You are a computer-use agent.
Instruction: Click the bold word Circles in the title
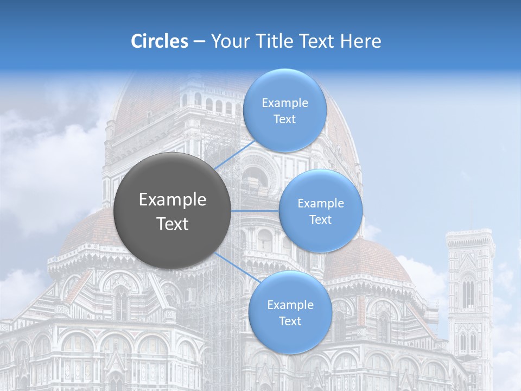[159, 41]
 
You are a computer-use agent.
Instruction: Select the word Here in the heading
[361, 41]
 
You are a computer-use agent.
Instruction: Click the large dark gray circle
[172, 211]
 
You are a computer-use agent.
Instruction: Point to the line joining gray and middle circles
[255, 211]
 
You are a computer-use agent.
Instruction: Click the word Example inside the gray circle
[172, 200]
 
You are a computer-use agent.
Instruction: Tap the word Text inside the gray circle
[172, 224]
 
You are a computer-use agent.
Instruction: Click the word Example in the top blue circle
[284, 103]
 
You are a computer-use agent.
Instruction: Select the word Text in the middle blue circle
[320, 219]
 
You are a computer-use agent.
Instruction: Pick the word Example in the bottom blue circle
[290, 305]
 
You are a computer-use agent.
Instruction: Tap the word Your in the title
[227, 41]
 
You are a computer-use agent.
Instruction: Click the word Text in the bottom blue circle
[290, 321]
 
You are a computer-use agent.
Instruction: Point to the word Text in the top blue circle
[284, 119]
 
